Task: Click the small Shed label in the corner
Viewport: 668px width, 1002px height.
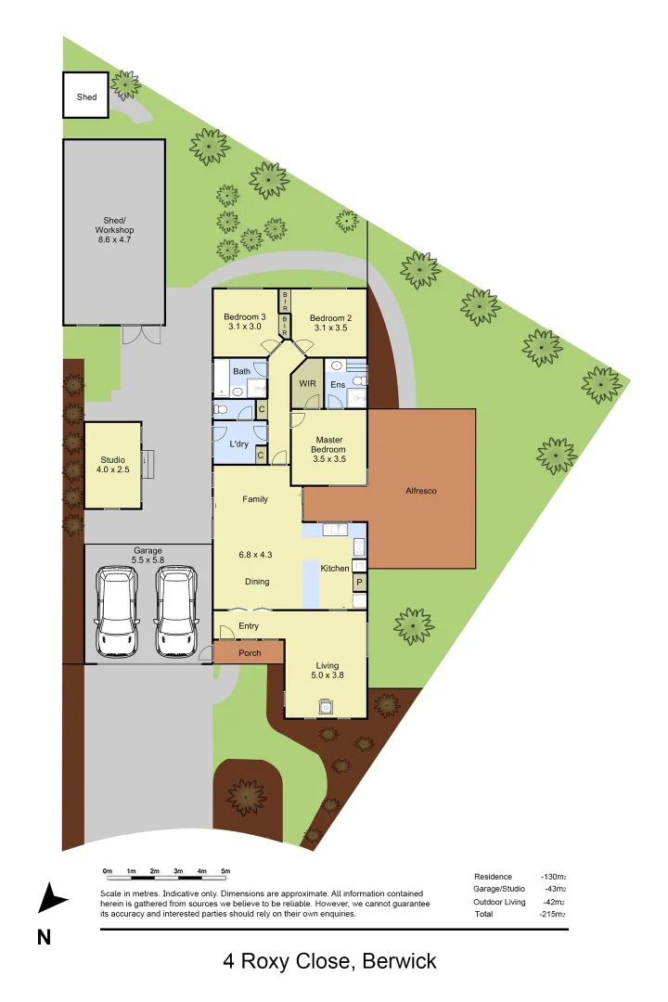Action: click(x=85, y=96)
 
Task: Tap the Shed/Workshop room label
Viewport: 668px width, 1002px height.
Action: click(x=114, y=230)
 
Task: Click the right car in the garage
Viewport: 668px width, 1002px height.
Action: click(x=175, y=610)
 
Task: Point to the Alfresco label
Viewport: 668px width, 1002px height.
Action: click(x=420, y=491)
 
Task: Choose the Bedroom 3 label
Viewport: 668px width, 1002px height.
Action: click(x=245, y=322)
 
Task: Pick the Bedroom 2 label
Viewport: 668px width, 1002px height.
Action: click(x=330, y=322)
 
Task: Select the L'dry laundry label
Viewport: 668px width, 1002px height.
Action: click(x=238, y=444)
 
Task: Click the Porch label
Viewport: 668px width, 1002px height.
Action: click(x=250, y=653)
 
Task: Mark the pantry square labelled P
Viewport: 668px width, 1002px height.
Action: click(x=359, y=583)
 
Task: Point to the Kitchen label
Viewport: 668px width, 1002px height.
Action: click(x=335, y=568)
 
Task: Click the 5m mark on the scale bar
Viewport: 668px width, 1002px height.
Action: click(x=225, y=871)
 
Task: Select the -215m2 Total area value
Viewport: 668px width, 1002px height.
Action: click(x=553, y=915)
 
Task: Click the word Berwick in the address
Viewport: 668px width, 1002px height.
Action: click(x=399, y=961)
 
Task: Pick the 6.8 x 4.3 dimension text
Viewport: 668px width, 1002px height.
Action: click(x=257, y=555)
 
